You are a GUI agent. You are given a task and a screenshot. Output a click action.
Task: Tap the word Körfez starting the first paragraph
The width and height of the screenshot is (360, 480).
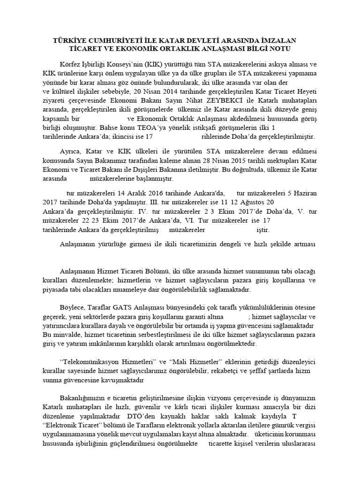(71, 64)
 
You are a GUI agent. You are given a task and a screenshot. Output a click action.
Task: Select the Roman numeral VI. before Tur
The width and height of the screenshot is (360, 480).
(212, 221)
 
